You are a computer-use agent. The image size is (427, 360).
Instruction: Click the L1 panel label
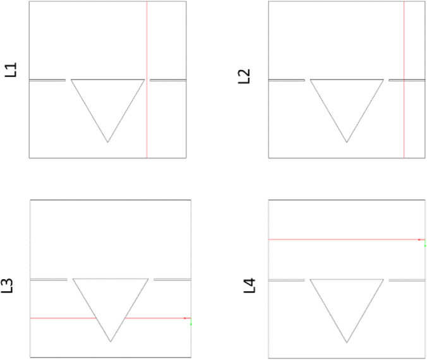11,69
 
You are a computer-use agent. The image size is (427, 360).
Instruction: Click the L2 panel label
244,76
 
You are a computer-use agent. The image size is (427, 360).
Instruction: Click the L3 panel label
7,285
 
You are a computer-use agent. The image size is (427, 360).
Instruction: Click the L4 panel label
250,285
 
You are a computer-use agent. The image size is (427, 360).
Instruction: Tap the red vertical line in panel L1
147,80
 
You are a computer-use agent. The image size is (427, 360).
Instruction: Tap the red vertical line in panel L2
404,80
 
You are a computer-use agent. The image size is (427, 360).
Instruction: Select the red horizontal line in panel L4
347,239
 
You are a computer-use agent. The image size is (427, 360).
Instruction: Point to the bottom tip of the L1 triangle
107,142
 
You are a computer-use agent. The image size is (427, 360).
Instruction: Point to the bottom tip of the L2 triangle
347,142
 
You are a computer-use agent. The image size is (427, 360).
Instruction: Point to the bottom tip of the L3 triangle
111,342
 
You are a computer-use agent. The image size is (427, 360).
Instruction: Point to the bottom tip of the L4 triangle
347,342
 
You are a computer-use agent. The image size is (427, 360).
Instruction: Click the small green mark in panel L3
191,321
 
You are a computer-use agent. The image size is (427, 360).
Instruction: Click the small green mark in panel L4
425,243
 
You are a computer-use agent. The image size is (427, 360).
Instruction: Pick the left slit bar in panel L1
47,80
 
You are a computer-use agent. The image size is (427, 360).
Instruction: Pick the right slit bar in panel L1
168,80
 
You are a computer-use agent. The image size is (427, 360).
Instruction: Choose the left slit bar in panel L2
287,80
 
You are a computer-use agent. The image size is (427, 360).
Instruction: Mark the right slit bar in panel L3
172,280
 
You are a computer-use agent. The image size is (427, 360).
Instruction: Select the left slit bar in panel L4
287,280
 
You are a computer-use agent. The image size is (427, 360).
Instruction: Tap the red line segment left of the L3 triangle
63,318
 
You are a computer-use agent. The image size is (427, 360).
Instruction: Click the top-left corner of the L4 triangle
310,279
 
